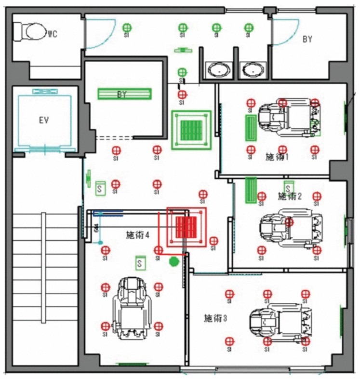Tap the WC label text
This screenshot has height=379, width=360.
(x=53, y=34)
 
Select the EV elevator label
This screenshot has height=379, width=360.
(x=43, y=120)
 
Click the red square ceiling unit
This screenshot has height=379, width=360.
(x=187, y=226)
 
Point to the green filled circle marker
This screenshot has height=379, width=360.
(x=174, y=261)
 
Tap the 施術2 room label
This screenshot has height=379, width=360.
(x=290, y=196)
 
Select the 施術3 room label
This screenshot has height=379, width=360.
(x=215, y=318)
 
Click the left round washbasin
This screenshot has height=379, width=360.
(x=220, y=70)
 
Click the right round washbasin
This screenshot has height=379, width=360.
(x=252, y=70)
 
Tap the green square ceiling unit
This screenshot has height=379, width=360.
(x=191, y=129)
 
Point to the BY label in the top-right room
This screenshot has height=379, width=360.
(x=307, y=40)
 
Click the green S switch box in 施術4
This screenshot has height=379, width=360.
(x=140, y=263)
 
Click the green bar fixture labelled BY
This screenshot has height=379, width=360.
(x=125, y=94)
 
